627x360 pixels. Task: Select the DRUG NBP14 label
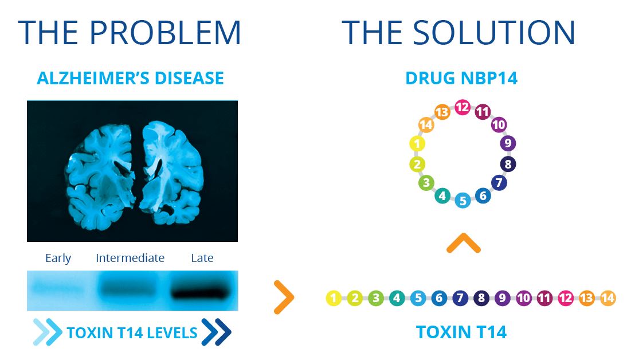click(461, 78)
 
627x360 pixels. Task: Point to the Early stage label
click(58, 258)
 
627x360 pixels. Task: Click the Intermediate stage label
click(130, 258)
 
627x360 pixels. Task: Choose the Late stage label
click(202, 258)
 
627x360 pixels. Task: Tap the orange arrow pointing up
click(463, 244)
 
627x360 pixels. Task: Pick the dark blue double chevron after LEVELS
click(216, 332)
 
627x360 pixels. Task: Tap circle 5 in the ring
click(463, 201)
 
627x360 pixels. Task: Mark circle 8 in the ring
click(508, 165)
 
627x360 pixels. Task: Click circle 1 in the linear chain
click(334, 298)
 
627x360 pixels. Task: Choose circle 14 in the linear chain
click(608, 298)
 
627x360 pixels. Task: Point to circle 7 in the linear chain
click(460, 298)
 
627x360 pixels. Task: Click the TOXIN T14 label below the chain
click(461, 332)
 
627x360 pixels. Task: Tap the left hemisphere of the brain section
click(100, 172)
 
